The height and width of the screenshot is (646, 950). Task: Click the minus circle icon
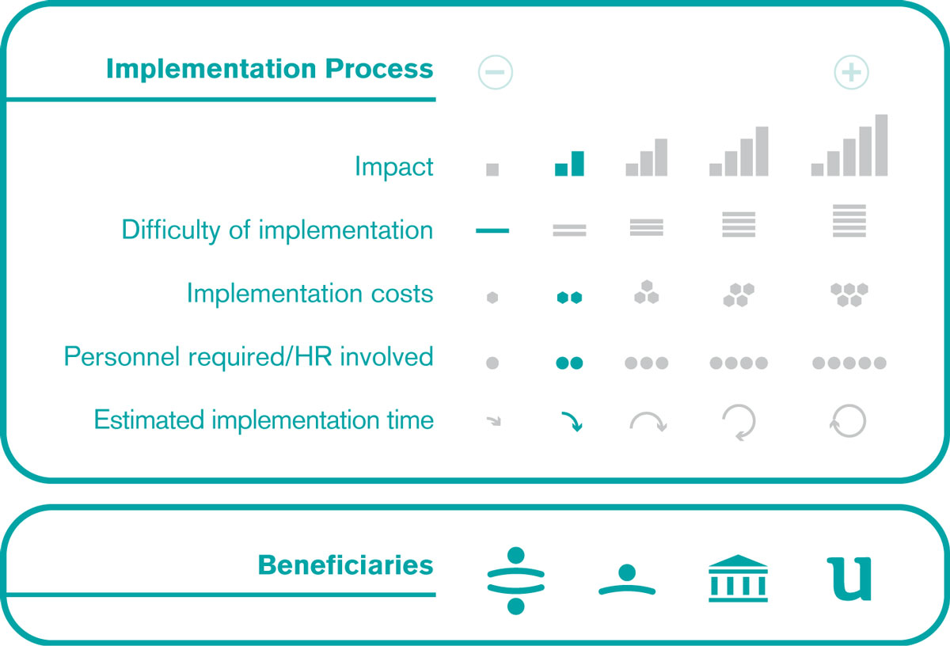(x=496, y=72)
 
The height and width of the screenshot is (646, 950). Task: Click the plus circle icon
(x=851, y=72)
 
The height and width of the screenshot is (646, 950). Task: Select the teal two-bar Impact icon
(x=569, y=163)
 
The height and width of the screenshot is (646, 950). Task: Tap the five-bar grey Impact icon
(x=849, y=145)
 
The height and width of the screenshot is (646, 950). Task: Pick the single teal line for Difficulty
(x=492, y=230)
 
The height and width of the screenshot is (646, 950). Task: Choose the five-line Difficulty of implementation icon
(x=849, y=221)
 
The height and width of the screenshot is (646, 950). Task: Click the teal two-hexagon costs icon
(x=569, y=298)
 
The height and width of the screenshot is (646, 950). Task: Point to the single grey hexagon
(x=492, y=298)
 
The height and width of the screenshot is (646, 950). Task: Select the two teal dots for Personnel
(x=569, y=363)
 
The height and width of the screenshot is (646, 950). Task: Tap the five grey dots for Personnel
(x=849, y=363)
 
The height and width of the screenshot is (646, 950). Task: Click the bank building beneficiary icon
(x=738, y=578)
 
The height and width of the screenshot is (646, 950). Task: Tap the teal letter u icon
(x=849, y=579)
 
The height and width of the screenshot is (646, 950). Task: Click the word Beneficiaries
(x=346, y=565)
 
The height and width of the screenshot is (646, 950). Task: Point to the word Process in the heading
(x=379, y=68)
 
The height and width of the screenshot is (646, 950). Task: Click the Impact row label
(x=394, y=166)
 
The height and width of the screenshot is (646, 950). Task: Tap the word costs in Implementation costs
(x=402, y=294)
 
